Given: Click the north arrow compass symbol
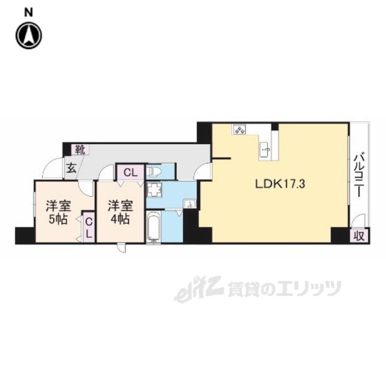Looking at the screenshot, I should (28, 36).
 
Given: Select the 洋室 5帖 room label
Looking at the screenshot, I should (59, 211).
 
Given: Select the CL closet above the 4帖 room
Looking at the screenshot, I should (130, 172).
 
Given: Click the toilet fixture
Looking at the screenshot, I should (154, 172).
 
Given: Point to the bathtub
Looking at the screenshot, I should (154, 228).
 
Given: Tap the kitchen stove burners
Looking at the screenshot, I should (239, 130).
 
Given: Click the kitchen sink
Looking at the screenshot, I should (265, 148).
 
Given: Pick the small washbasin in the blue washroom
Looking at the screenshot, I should (190, 204).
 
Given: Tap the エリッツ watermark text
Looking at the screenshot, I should (302, 289).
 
